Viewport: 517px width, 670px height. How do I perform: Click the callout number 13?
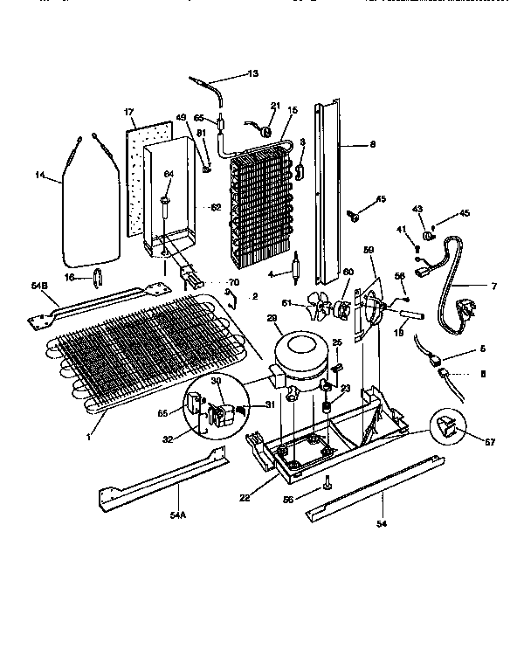pos(252,73)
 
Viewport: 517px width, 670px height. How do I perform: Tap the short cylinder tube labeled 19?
pos(410,310)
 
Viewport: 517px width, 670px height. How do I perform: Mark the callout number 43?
pos(417,209)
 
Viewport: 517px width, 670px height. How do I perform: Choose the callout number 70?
pos(233,282)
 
